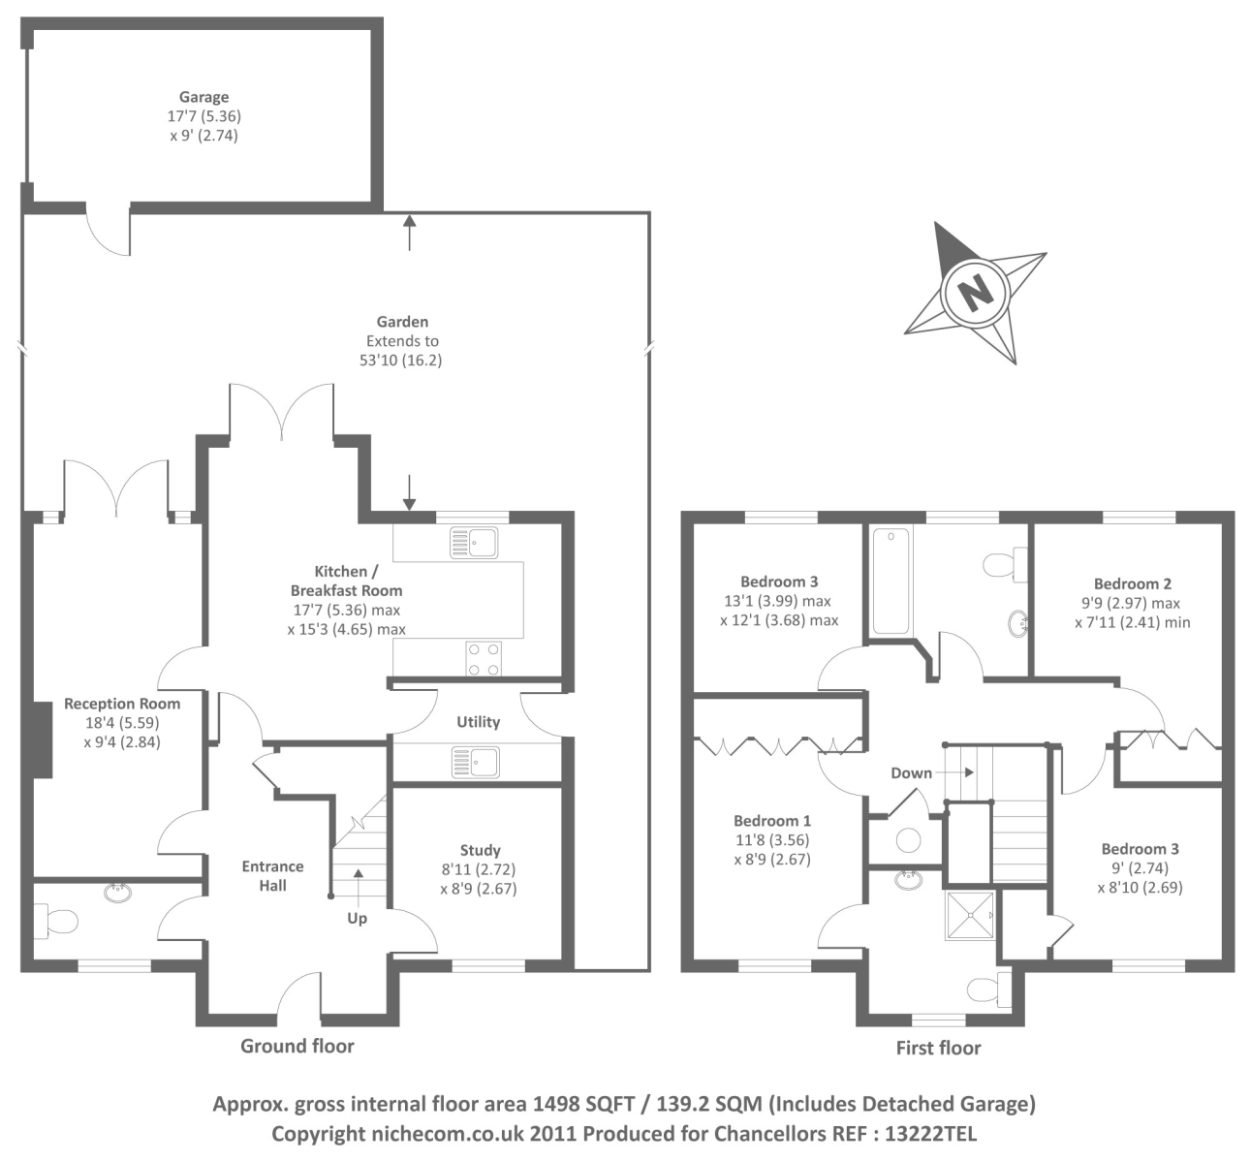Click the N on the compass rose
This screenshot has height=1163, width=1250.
tap(975, 290)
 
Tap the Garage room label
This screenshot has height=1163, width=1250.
tap(203, 97)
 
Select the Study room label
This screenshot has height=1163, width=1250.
tap(480, 850)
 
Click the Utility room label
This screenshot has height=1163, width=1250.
tap(478, 722)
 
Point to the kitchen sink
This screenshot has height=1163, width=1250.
tap(474, 543)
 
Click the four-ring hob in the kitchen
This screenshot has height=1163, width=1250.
tap(484, 659)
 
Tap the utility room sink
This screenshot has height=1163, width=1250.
tap(476, 762)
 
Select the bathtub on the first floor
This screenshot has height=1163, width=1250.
tap(891, 581)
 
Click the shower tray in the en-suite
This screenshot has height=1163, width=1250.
tap(970, 916)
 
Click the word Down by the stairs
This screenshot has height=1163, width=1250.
tap(911, 772)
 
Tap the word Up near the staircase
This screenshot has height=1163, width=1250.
tap(357, 918)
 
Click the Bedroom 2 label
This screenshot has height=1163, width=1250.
tap(1132, 583)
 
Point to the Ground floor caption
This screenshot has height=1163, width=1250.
tap(297, 1046)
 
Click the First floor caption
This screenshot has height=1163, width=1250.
tap(938, 1048)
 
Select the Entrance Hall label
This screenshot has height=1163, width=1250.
tap(272, 875)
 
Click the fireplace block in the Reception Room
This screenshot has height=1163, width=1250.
tap(41, 739)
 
